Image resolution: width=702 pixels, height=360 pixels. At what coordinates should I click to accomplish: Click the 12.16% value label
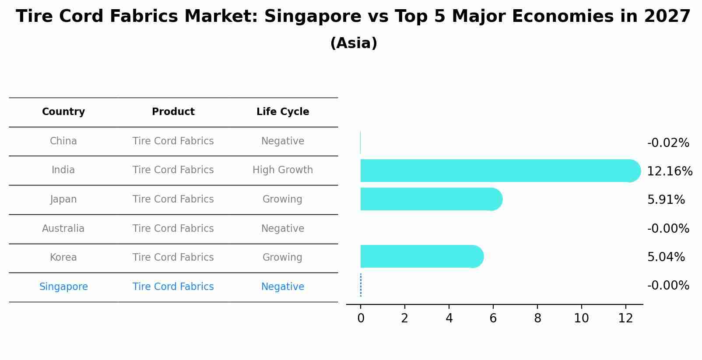(669, 171)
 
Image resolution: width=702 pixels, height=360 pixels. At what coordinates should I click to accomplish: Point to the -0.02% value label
(668, 143)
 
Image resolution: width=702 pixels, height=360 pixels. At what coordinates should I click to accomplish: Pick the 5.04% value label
(666, 257)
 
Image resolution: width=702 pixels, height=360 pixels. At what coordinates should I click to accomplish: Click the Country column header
(63, 112)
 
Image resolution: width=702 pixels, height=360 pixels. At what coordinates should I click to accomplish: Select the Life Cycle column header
(283, 112)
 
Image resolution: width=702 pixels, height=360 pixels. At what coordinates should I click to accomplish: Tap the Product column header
(173, 112)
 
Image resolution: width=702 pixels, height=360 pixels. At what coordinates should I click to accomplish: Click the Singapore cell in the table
(63, 287)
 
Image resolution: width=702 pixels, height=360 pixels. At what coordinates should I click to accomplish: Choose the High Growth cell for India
(283, 170)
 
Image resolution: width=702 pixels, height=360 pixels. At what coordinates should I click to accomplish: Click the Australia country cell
(63, 229)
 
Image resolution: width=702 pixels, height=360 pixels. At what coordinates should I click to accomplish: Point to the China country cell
(63, 141)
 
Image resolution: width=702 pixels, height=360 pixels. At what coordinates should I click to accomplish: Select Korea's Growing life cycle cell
(282, 258)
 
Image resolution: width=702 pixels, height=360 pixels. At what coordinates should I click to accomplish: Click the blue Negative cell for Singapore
(283, 287)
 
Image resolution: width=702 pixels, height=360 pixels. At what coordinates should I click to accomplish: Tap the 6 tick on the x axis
(493, 318)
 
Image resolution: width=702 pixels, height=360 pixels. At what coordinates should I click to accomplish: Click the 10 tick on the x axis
(581, 318)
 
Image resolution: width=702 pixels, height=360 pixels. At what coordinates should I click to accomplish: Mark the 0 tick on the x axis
(361, 318)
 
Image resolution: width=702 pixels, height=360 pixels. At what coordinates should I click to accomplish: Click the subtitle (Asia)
(354, 43)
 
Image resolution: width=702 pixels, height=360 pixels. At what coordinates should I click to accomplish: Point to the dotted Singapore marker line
(361, 285)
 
